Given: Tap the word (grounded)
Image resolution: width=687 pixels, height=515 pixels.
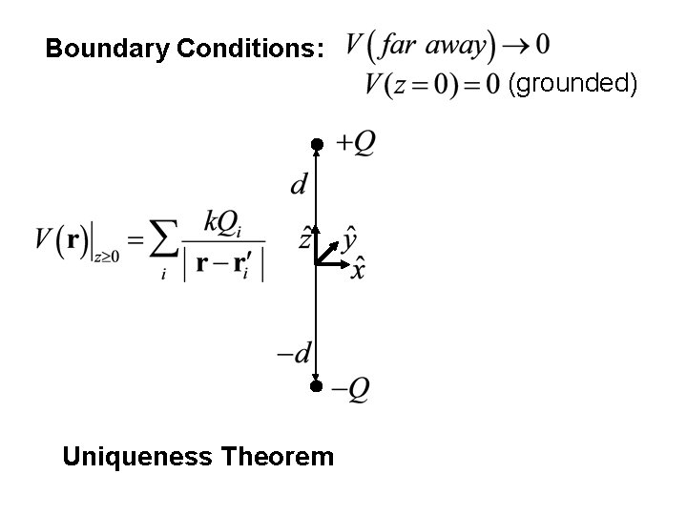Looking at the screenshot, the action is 572,84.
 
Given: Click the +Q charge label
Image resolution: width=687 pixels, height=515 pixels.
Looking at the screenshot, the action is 354,143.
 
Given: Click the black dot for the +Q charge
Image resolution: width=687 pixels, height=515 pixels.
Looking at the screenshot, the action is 317,144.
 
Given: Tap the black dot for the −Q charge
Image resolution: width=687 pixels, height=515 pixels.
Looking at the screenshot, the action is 317,386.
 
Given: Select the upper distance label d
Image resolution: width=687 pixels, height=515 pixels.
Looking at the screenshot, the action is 300,184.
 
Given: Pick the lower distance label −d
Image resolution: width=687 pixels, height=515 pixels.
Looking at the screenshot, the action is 294,353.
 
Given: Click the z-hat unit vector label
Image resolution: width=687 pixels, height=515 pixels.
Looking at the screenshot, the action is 305,237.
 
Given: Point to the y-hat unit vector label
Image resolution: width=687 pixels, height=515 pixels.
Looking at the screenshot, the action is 350,236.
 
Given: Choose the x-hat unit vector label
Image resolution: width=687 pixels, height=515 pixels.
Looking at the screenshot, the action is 357,269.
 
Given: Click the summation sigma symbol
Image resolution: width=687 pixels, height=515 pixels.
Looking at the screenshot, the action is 164,244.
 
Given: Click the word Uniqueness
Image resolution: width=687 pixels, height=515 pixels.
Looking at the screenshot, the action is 137,457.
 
